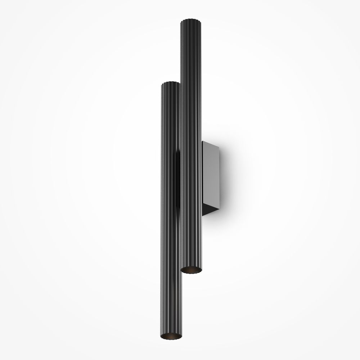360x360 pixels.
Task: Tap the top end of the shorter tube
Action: [171, 83]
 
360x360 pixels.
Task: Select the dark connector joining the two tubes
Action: [178, 180]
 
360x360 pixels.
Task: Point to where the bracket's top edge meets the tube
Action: [202, 142]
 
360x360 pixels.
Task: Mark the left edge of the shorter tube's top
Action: [162, 84]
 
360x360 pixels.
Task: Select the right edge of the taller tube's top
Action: [202, 21]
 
